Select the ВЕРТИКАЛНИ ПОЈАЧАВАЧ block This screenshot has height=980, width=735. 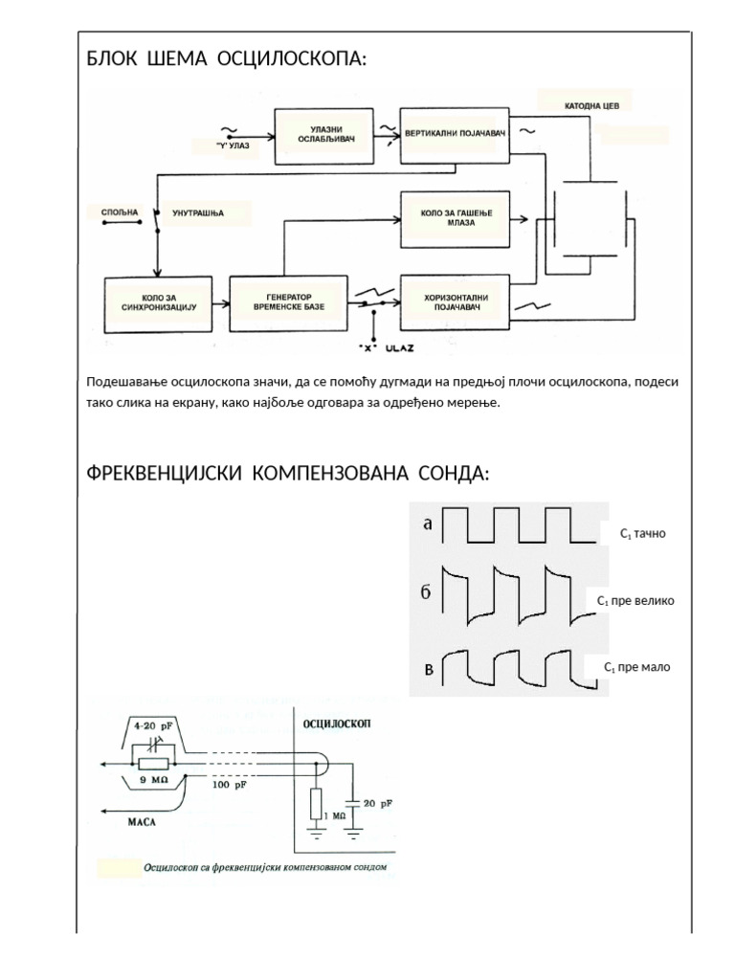(x=455, y=135)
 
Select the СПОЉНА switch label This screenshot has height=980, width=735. (x=120, y=212)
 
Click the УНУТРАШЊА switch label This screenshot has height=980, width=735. (x=197, y=212)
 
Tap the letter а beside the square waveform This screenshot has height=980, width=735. (x=428, y=523)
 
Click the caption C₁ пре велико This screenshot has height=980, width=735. (x=635, y=601)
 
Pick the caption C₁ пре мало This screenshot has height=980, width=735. (x=637, y=667)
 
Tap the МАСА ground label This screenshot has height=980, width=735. (x=145, y=820)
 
